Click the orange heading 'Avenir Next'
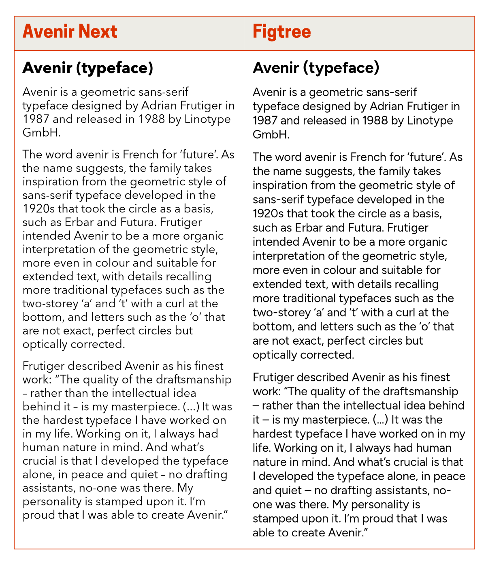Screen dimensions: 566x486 point(70,32)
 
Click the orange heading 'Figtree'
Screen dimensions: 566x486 point(281,32)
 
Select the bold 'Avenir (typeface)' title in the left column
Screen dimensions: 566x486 point(88,68)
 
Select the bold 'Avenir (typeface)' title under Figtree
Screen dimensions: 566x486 point(316,68)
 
